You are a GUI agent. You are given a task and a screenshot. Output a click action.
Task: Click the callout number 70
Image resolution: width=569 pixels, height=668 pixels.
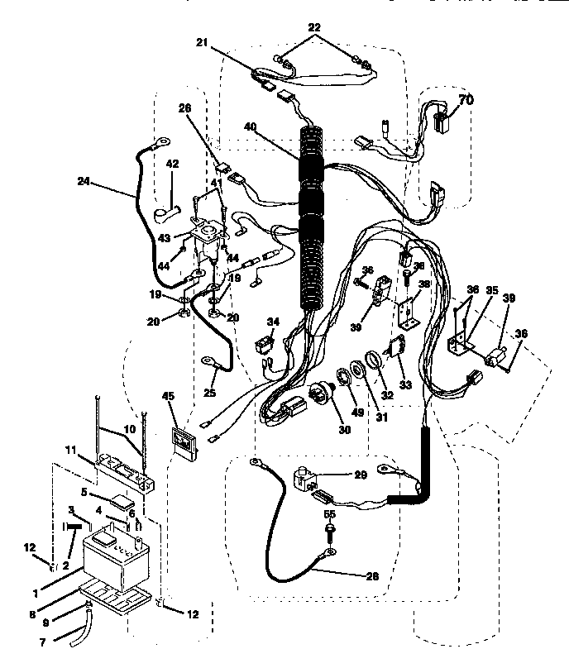point(466,101)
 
